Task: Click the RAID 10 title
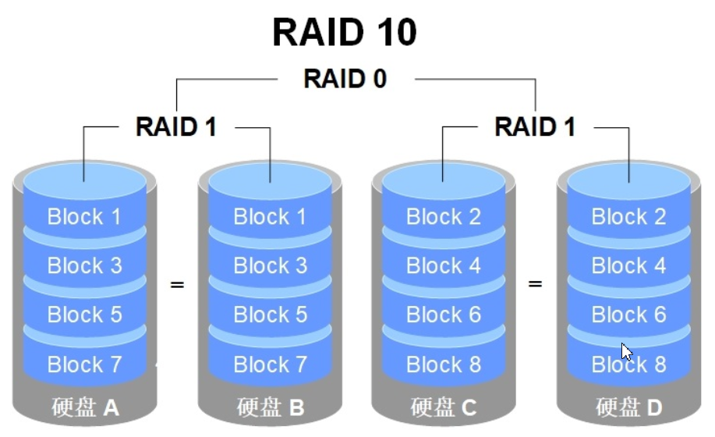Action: click(345, 33)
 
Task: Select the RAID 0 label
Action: click(345, 79)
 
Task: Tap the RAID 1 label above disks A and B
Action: click(176, 126)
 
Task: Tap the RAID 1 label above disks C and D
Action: click(535, 126)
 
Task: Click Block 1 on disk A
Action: click(84, 216)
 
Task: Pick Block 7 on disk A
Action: click(84, 364)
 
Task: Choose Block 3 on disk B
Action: click(270, 265)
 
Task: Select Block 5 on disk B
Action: click(270, 314)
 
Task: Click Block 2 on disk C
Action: click(443, 216)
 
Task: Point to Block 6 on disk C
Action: click(443, 314)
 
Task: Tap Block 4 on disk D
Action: click(628, 265)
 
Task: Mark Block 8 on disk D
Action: click(628, 364)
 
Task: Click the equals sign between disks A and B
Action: click(177, 284)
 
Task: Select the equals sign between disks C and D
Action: click(535, 284)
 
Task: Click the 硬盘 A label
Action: click(84, 407)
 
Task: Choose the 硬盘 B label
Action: click(270, 407)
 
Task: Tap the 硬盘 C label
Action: click(443, 407)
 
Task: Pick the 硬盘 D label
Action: click(628, 407)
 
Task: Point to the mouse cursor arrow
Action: click(626, 351)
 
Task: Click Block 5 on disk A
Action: click(84, 314)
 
